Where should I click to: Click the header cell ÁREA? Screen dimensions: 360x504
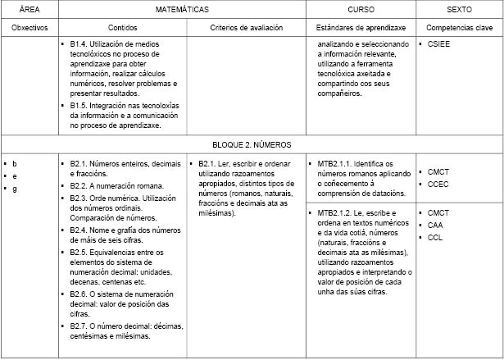[30, 10]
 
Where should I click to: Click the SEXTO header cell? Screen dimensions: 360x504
[459, 10]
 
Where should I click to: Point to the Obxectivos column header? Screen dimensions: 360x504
[30, 27]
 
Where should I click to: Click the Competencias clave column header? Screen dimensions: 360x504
[459, 27]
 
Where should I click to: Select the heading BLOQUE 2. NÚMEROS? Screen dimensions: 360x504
[252, 144]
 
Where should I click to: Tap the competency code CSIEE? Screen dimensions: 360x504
[439, 44]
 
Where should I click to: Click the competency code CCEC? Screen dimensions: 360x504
[438, 185]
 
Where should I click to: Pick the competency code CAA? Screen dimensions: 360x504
[435, 225]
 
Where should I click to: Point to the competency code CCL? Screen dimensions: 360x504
[435, 238]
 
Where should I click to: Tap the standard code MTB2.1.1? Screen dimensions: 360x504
[335, 164]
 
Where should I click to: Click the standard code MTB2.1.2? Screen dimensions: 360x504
[335, 213]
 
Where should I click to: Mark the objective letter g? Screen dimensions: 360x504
[15, 189]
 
